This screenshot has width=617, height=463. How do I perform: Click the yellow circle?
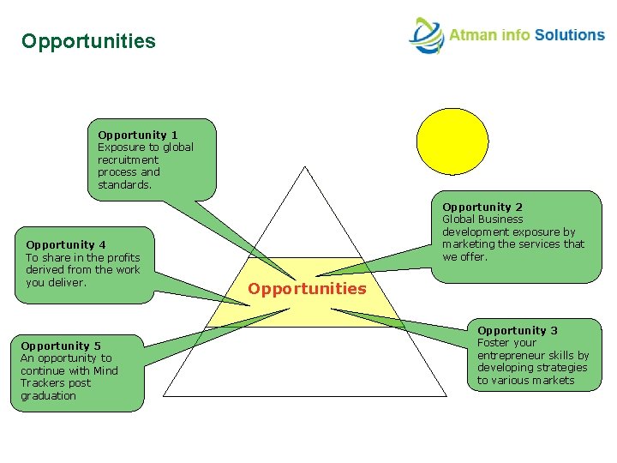click(452, 141)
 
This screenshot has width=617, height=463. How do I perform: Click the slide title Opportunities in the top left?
click(89, 41)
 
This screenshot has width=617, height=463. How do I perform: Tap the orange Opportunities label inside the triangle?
click(307, 289)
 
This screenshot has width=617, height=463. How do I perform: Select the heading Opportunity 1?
click(138, 135)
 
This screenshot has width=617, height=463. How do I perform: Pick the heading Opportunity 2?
click(482, 207)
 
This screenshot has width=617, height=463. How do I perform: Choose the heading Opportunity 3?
click(518, 330)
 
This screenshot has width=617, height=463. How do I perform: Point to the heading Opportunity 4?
click(66, 244)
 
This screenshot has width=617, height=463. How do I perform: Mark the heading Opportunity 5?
click(61, 346)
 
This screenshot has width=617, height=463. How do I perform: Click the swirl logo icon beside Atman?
click(425, 36)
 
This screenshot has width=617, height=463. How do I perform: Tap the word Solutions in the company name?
click(570, 35)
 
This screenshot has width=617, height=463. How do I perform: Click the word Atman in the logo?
click(470, 35)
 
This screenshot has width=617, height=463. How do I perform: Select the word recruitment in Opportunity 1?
click(128, 159)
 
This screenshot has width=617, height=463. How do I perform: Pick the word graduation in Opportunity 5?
click(48, 396)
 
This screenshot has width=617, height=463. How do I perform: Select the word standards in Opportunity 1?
click(123, 184)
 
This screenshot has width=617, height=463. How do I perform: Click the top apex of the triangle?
click(305, 166)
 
